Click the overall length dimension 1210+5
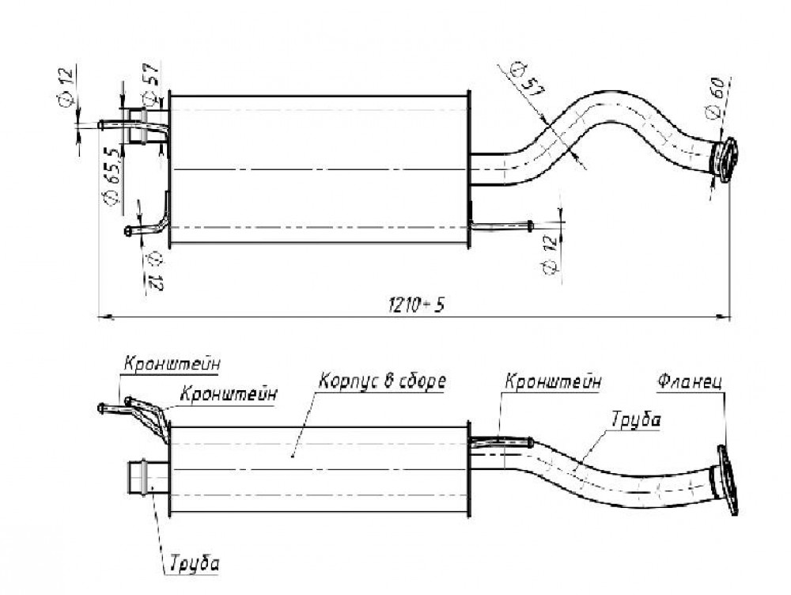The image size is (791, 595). pos(416,304)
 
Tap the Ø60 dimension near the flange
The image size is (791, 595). pos(717,98)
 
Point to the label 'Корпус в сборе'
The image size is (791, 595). pos(382,381)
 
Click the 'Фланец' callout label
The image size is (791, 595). pos(690,381)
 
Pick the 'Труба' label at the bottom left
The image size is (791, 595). pos(195,563)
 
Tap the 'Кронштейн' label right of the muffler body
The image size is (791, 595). pos(553,381)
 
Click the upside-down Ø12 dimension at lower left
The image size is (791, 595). pos(154,271)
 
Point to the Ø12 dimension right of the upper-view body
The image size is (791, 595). pos(551,253)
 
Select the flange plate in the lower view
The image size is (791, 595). pos(727,480)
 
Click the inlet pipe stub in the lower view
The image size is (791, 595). pos(149,477)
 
